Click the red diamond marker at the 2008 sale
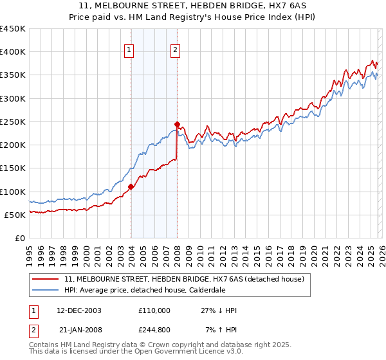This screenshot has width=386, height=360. (178, 124)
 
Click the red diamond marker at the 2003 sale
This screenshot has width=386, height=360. (131, 187)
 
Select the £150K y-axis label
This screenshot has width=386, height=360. (13, 168)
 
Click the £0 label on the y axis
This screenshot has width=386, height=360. (19, 238)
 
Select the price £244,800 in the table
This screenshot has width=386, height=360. (154, 330)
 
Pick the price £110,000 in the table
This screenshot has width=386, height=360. (154, 310)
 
